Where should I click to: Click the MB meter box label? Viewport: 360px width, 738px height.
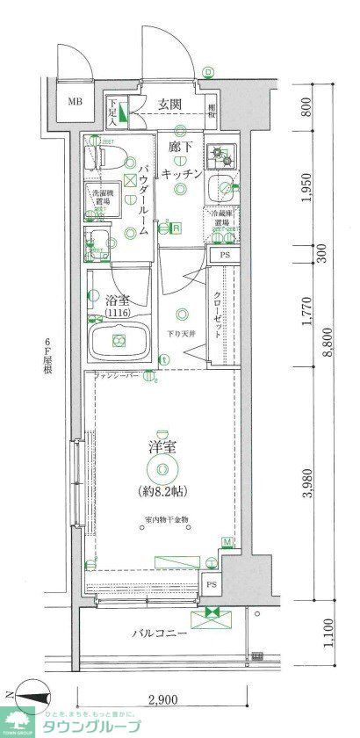(75, 100)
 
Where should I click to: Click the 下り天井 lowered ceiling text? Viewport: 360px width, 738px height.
(182, 333)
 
